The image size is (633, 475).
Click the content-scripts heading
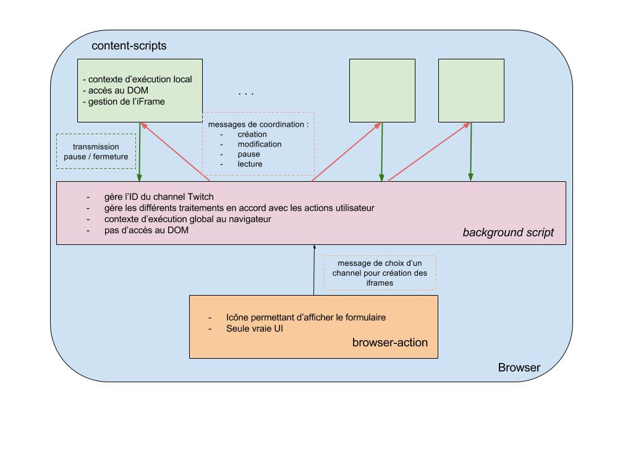coord(129,46)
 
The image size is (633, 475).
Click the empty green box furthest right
coord(471,90)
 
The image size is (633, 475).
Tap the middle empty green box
coord(382,90)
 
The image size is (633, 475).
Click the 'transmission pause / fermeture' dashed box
coord(96,152)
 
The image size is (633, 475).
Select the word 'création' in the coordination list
coord(252,134)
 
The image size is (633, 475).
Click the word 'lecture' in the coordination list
coord(250,164)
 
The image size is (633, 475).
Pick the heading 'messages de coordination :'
coord(258,124)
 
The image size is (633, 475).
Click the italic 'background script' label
coord(508,233)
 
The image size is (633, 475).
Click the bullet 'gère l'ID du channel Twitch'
coord(159,197)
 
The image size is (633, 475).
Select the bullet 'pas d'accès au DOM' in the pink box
coord(147,230)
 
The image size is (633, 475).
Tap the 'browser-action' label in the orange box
coord(389,342)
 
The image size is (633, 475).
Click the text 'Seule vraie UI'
coord(255,328)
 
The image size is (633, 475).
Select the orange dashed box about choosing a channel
coord(380,273)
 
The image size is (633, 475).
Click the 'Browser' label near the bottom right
coord(519,367)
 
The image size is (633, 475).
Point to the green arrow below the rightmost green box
coord(471,152)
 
